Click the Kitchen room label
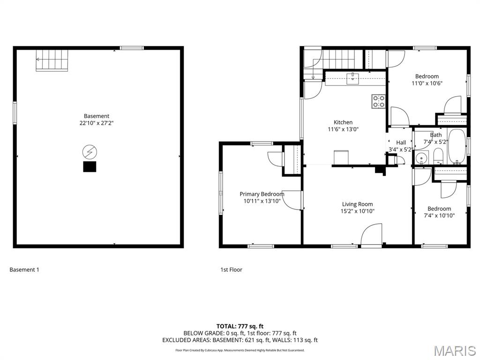343,122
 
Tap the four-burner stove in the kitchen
379,101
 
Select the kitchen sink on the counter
353,78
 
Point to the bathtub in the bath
457,147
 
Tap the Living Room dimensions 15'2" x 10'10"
358,211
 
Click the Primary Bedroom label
262,194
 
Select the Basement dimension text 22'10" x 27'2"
97,123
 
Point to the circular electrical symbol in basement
90,152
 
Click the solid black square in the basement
90,166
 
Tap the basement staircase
52,60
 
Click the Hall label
401,142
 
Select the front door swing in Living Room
371,235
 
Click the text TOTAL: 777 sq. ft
240,326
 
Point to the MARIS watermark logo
455,351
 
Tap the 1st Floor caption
231,270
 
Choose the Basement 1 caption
24,270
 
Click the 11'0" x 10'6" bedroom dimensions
427,83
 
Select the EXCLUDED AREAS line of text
240,340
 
